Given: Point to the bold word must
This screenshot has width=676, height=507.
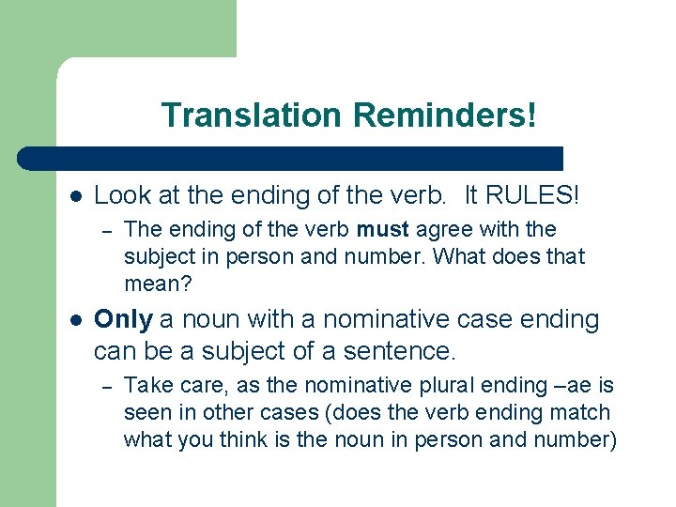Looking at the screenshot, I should click(382, 229).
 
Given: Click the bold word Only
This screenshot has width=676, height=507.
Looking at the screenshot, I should click(123, 319).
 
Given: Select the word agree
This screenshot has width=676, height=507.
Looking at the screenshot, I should click(442, 229).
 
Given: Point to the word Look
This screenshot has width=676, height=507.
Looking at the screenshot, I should click(118, 195).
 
